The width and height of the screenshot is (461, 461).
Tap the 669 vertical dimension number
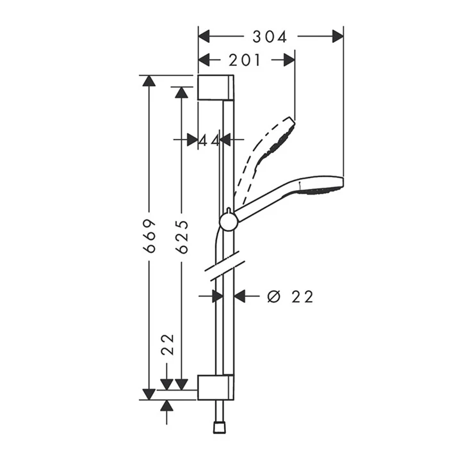pyautogui.click(x=150, y=236)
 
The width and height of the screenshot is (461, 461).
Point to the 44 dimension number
pyautogui.click(x=209, y=140)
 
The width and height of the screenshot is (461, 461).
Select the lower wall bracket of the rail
pyautogui.click(x=216, y=386)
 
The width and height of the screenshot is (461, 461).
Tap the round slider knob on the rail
pyautogui.click(x=229, y=222)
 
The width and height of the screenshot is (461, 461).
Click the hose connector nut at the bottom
pyautogui.click(x=220, y=427)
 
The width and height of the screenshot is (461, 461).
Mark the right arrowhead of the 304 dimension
pyautogui.click(x=337, y=36)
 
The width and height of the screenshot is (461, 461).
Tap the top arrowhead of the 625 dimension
pyautogui.click(x=182, y=93)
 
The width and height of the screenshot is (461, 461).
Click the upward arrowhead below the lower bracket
pyautogui.click(x=167, y=406)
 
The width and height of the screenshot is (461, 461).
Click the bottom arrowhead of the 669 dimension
pyautogui.click(x=149, y=393)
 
